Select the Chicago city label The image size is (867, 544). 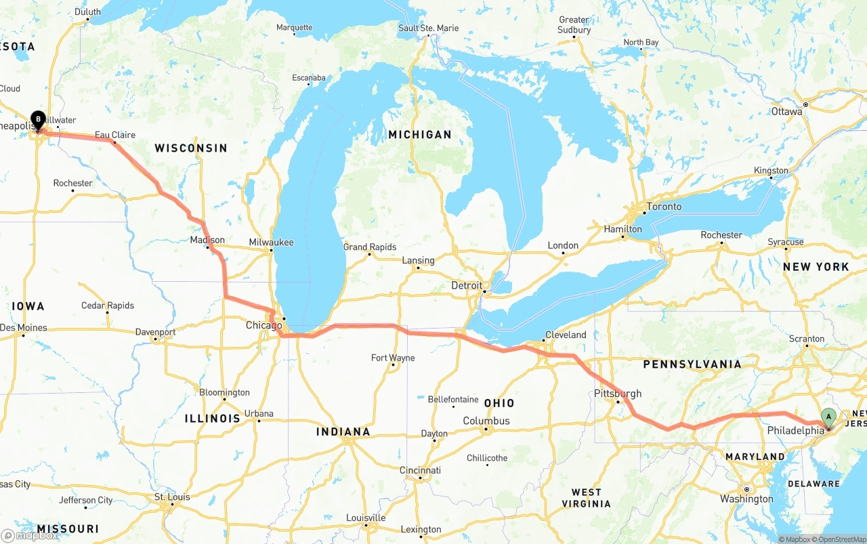point(263,326)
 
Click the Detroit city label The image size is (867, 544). point(467,286)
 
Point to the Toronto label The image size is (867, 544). point(664,207)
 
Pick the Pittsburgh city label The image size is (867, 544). point(617,394)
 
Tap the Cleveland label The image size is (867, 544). point(566,335)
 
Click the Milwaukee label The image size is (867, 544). point(271,242)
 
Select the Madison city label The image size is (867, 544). point(207,240)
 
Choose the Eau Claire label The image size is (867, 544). point(115,135)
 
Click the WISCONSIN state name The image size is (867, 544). point(190,148)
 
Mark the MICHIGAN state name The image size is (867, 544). point(419,135)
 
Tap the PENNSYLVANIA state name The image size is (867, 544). point(692,364)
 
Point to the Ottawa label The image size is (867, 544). point(786,111)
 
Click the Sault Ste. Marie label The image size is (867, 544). point(428,28)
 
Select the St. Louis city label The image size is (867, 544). point(172,497)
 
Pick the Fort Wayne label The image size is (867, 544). point(393,358)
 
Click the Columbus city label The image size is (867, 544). point(486,421)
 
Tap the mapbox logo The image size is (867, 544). point(30,535)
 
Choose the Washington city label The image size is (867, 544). point(746,499)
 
